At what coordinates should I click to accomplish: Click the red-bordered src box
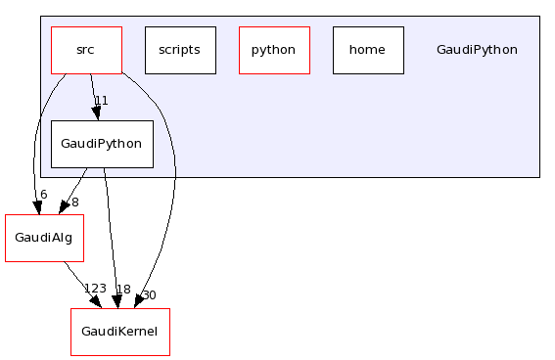86,50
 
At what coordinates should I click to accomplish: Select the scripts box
179,50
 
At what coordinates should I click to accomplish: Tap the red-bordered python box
274,50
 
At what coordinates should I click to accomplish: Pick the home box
367,50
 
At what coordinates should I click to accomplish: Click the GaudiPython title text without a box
477,50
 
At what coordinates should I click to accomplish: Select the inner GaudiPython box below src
102,144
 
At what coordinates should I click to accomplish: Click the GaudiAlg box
43,238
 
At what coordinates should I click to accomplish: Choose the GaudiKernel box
119,332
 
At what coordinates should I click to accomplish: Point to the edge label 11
101,101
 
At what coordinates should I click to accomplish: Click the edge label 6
43,195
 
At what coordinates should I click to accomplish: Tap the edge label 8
74,202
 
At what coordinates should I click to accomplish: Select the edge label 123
95,289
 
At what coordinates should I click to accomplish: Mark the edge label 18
123,289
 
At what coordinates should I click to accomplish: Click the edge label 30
149,294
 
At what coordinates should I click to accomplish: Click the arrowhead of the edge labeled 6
39,206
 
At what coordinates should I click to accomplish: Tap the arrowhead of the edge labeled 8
64,206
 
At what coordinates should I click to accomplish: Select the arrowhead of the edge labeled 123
96,302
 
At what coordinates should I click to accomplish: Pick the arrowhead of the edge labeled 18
116,301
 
